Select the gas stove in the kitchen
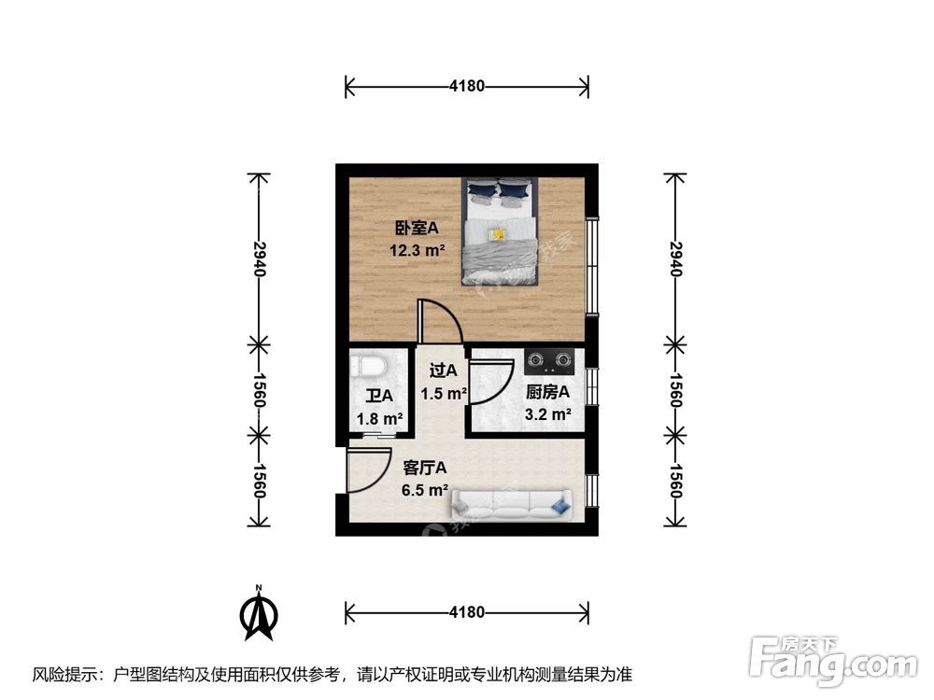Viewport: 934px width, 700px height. (x=550, y=358)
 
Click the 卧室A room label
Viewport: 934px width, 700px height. (x=416, y=228)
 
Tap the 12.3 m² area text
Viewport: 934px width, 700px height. (x=417, y=250)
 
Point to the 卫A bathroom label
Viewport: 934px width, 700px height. (x=378, y=397)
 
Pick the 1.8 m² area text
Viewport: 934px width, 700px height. (x=379, y=419)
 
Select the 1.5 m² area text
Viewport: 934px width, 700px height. (x=443, y=394)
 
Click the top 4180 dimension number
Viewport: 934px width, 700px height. (x=467, y=87)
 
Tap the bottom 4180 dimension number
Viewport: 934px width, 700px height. (x=467, y=613)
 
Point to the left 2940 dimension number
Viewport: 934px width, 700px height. (x=261, y=257)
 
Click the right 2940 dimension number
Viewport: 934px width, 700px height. (x=675, y=257)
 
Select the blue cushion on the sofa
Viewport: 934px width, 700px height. (x=560, y=505)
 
